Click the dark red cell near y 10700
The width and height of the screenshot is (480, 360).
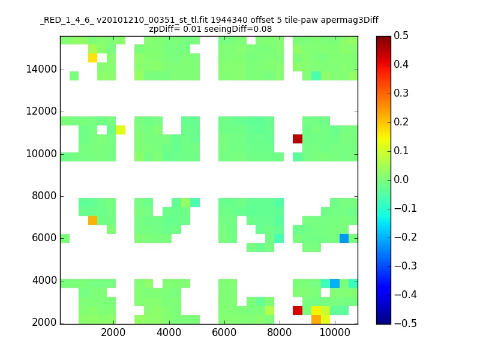298,139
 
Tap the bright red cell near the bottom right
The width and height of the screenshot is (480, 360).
298,310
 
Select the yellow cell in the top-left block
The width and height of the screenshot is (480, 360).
93,58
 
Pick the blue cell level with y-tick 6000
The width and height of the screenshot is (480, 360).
344,238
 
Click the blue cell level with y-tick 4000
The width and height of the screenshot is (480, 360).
335,283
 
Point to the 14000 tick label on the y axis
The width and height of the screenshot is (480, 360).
41,69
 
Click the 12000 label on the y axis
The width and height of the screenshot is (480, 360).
41,111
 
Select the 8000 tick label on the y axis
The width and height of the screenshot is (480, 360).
44,196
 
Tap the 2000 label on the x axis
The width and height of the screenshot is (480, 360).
113,332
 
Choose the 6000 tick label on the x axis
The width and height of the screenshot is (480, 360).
224,332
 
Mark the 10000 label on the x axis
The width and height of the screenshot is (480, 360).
335,332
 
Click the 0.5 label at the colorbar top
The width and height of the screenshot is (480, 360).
401,35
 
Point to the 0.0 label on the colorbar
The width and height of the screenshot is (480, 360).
401,179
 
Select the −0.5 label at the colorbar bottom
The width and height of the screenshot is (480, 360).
406,323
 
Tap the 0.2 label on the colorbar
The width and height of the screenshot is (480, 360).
401,122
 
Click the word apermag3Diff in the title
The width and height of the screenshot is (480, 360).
349,20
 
